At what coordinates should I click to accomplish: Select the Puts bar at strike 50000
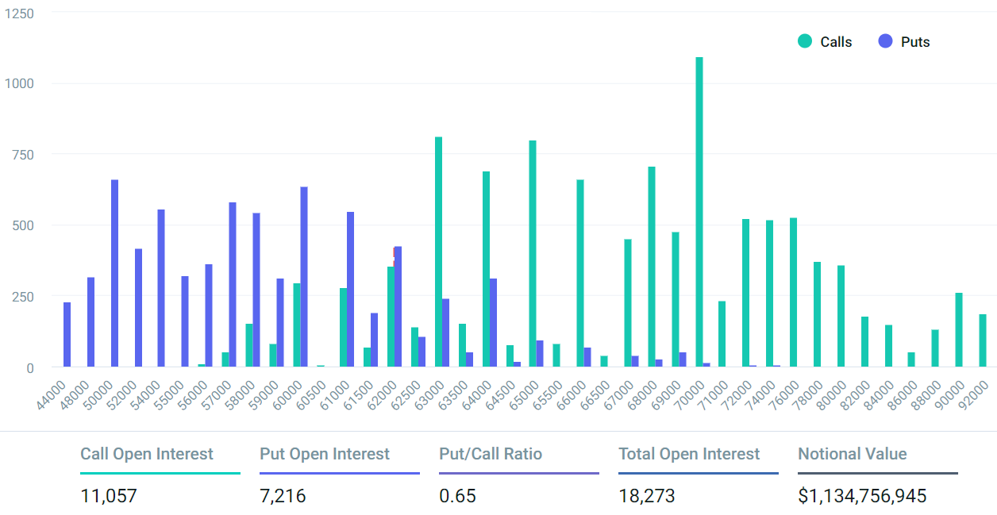pyautogui.click(x=114, y=274)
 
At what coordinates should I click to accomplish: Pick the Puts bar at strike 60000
pyautogui.click(x=304, y=277)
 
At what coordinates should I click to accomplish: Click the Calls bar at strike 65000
pyautogui.click(x=533, y=254)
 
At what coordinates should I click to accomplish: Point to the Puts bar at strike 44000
pyautogui.click(x=67, y=335)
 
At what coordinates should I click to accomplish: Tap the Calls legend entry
pyautogui.click(x=826, y=42)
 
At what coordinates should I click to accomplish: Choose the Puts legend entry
pyautogui.click(x=904, y=42)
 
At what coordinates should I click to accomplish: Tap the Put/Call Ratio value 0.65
pyautogui.click(x=457, y=497)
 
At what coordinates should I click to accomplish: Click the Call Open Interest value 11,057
pyautogui.click(x=109, y=497)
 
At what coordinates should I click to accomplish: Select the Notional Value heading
pyautogui.click(x=852, y=454)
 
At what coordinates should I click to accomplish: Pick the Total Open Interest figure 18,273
pyautogui.click(x=647, y=497)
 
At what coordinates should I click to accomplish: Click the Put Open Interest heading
pyautogui.click(x=325, y=454)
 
